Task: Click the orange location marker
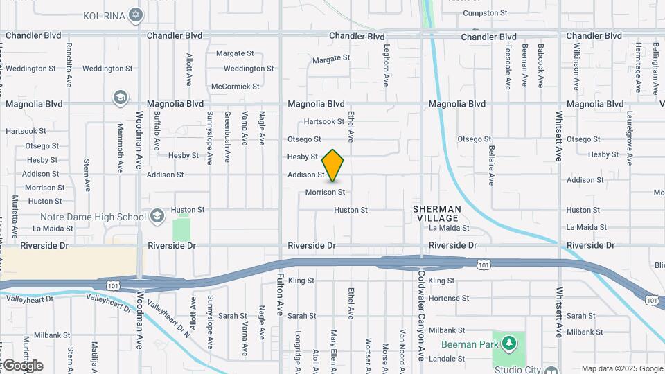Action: (333, 166)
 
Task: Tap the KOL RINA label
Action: (103, 15)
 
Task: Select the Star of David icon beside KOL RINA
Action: (136, 15)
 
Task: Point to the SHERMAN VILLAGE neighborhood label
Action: (436, 213)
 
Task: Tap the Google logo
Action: (22, 366)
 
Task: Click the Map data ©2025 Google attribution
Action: (621, 368)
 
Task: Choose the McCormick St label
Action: (236, 87)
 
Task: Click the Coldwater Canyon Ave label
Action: (420, 315)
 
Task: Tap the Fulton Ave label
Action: (280, 296)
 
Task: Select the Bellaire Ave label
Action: (490, 166)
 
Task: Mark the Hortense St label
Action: (449, 298)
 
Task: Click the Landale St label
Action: (447, 359)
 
